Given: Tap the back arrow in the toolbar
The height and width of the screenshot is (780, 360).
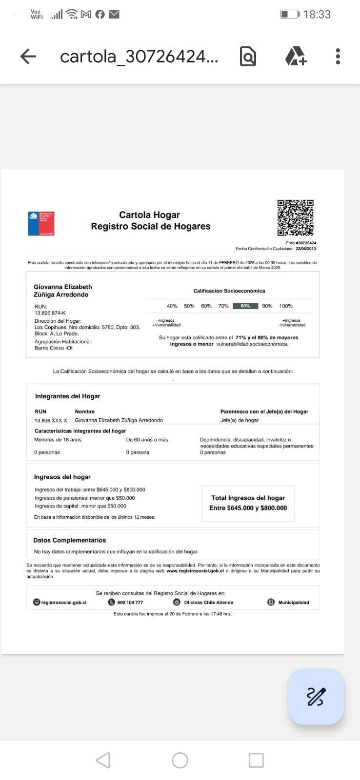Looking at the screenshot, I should [28, 57].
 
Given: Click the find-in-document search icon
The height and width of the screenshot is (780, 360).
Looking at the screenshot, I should [248, 57].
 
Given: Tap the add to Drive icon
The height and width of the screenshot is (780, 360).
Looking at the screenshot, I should [296, 57].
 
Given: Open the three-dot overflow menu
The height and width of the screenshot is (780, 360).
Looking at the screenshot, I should [338, 57].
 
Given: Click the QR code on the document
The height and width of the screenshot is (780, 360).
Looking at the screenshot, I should [295, 217].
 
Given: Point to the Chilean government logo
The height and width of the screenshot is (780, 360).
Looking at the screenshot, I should [41, 224].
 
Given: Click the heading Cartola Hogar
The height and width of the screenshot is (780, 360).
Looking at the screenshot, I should [149, 215].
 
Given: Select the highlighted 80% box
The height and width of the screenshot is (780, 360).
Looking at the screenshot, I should [245, 306].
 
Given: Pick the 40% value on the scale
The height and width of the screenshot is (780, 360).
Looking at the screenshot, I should [172, 306].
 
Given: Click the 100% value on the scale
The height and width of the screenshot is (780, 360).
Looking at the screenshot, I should [285, 306].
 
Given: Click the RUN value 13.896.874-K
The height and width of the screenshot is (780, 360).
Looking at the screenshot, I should [50, 313].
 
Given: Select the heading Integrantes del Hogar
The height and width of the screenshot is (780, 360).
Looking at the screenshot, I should [67, 396].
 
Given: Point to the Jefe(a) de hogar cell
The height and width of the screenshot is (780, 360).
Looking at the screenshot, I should [240, 420].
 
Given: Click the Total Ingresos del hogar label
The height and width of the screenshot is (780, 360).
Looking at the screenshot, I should [248, 498].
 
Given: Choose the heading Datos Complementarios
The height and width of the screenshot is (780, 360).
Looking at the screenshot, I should [69, 540].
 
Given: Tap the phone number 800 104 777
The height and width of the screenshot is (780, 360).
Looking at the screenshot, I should [130, 603].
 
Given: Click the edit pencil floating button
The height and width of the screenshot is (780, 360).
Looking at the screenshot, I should [316, 696].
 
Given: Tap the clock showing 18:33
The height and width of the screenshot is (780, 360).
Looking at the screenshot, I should [317, 15].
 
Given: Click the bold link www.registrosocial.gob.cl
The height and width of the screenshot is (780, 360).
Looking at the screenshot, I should [195, 571].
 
